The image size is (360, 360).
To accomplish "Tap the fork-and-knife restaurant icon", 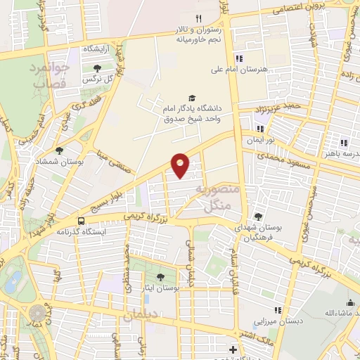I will [199, 18].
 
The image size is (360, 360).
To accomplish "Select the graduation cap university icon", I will [192, 98].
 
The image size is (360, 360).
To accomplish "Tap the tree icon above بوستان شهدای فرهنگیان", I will [259, 217].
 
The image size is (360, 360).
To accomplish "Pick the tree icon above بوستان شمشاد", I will [59, 150].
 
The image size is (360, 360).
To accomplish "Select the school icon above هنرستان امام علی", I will [239, 58].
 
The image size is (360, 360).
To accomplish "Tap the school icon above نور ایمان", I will [260, 129].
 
